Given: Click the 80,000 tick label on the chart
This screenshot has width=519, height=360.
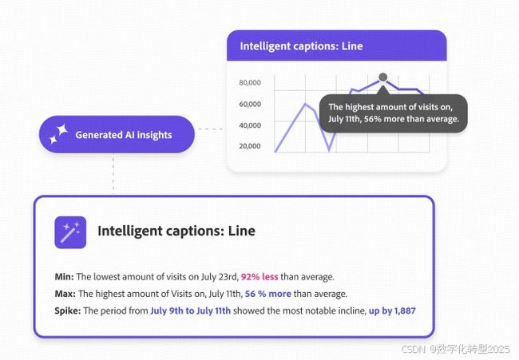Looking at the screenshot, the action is tap(250, 82).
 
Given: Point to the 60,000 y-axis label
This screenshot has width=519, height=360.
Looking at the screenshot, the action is tap(250, 104).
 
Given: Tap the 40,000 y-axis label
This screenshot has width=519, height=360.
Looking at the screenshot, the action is tap(250, 125).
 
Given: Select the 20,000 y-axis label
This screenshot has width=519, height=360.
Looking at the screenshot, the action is tap(250, 146).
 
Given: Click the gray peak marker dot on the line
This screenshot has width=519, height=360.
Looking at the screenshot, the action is tap(383, 77).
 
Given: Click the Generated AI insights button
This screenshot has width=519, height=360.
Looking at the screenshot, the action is tap(117, 134).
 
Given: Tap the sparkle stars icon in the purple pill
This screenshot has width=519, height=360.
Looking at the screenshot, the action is tap(58, 134).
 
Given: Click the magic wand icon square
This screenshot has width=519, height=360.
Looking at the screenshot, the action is tap(70, 232).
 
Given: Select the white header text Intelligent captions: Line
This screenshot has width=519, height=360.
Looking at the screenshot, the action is tap(301, 46).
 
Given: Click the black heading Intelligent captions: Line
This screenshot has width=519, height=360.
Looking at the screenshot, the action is tap(176, 231).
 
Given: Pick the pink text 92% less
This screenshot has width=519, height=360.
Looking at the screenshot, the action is tap(259, 277).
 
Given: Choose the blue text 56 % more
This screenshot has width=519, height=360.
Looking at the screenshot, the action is tap(268, 294).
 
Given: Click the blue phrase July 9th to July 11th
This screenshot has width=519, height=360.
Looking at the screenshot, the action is tap(191, 311).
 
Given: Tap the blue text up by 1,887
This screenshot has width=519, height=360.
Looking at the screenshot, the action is tap(392, 311).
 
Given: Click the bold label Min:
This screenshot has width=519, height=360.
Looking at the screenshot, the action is tap(64, 277).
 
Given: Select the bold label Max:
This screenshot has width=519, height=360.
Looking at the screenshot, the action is tap(65, 294).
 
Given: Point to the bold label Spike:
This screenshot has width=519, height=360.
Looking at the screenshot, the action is tap(68, 311).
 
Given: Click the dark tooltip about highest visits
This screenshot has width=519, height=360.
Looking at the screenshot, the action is tap(394, 113).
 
